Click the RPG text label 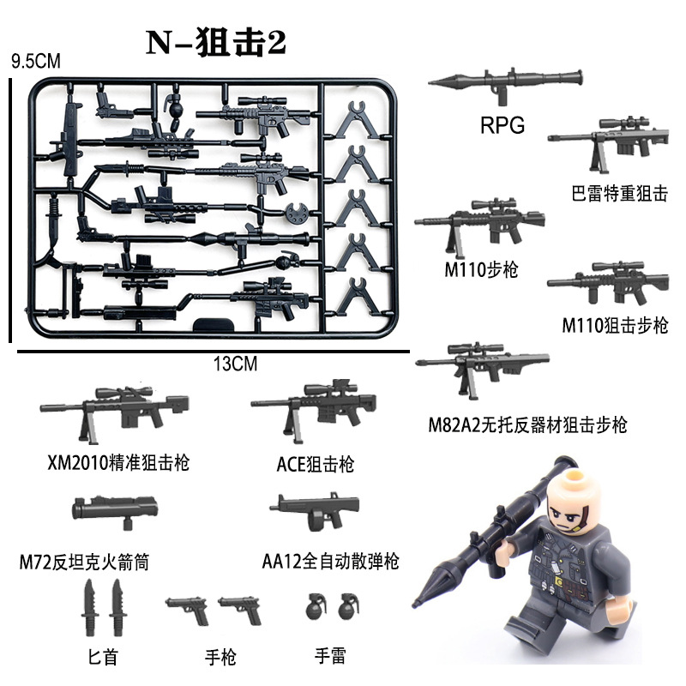501,128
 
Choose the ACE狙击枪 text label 316,465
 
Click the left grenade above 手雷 316,607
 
